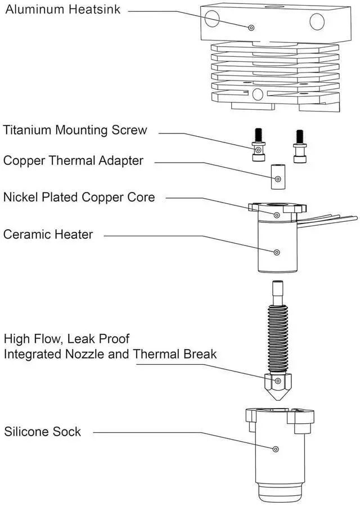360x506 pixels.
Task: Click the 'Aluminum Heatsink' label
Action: click(62, 10)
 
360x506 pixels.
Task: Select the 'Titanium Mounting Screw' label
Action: click(75, 131)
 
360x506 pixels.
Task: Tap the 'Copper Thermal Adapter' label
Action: click(73, 161)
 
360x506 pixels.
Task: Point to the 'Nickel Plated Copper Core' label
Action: click(79, 197)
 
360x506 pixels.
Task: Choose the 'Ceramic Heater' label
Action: click(48, 234)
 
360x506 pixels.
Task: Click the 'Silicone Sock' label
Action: click(43, 432)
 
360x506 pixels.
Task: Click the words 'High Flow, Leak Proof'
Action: click(66, 339)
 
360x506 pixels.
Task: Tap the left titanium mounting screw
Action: click(258, 146)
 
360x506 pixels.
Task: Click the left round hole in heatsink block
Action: click(212, 19)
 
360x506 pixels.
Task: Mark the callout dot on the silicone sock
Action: click(276, 449)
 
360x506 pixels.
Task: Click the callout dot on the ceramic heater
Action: click(276, 252)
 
